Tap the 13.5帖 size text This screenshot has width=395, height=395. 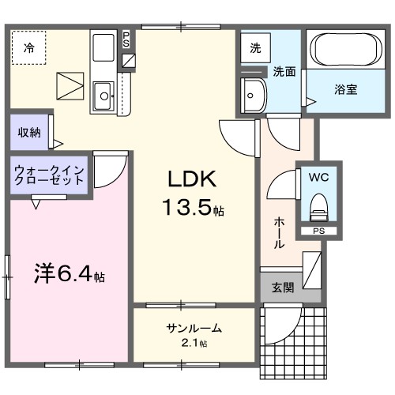193,209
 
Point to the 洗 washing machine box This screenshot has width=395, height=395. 255,47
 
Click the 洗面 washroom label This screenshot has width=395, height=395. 284,71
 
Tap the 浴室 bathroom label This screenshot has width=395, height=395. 344,88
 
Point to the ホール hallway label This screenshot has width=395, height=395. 279,233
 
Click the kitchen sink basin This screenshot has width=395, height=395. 103,98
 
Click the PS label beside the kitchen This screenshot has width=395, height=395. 128,39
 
